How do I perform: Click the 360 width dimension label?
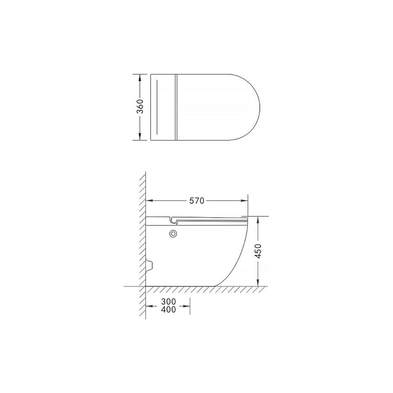tap(141, 107)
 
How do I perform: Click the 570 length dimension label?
tap(196, 201)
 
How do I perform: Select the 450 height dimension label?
tap(258, 251)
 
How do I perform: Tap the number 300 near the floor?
tap(168, 301)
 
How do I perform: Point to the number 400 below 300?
tap(168, 310)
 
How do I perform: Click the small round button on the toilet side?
tap(173, 234)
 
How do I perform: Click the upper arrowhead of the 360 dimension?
tap(140, 77)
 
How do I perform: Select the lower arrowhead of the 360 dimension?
tap(140, 137)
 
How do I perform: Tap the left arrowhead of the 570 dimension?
tap(149, 200)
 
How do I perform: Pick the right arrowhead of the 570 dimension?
tap(244, 200)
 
